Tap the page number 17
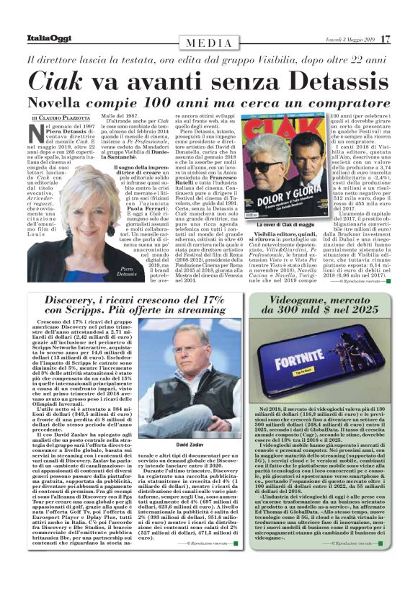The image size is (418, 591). point(386,38)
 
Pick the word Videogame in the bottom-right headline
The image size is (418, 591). point(311,280)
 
